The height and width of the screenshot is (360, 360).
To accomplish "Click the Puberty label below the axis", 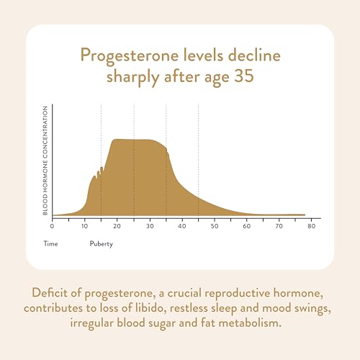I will (101, 244).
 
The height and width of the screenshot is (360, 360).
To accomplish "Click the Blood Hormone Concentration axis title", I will (45, 160).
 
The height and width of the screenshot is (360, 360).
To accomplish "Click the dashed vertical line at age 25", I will (133, 122).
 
